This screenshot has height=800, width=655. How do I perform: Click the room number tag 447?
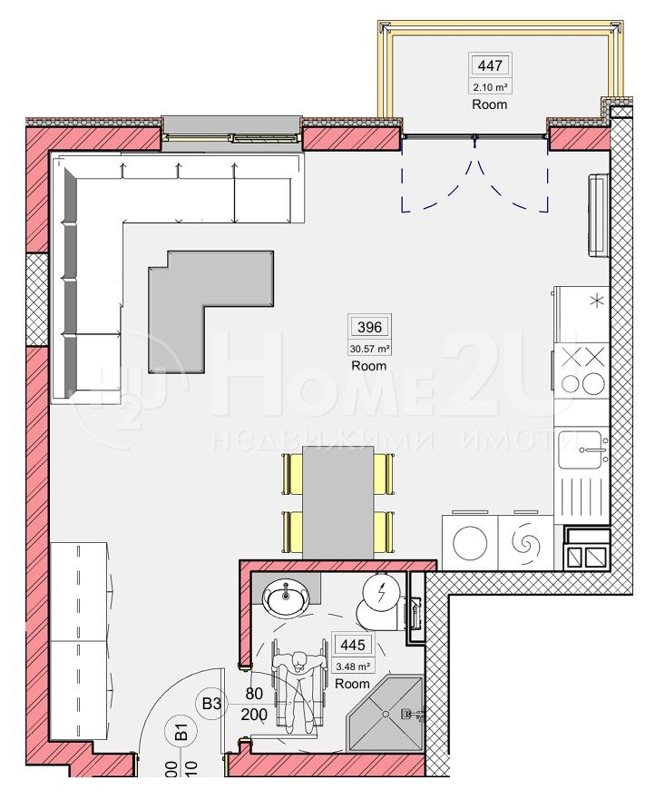click(x=489, y=64)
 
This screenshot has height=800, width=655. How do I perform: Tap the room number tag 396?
click(x=369, y=327)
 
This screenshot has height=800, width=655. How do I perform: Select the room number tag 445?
click(x=352, y=646)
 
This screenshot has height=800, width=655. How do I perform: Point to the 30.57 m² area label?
click(x=369, y=348)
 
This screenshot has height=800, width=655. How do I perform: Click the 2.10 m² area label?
click(x=489, y=87)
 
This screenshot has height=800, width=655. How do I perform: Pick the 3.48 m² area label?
click(x=352, y=666)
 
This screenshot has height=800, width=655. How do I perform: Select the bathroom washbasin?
click(x=288, y=598)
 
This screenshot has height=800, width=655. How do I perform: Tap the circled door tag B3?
click(x=212, y=702)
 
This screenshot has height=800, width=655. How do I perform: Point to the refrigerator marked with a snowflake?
click(x=582, y=311)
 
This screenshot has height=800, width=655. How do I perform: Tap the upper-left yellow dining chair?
click(x=293, y=472)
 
